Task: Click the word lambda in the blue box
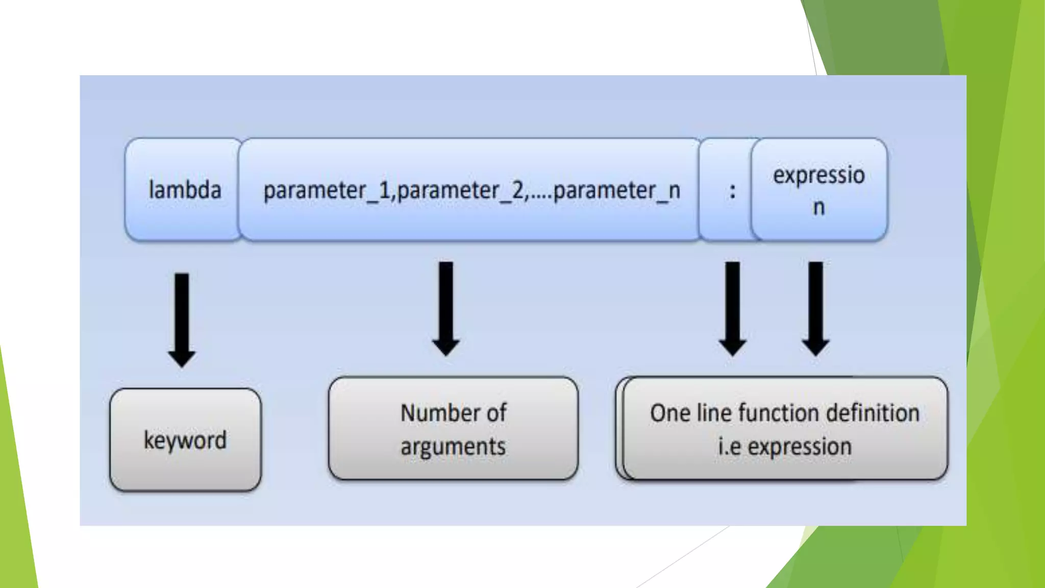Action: tap(185, 190)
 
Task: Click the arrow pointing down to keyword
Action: tap(182, 320)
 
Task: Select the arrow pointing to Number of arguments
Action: tap(446, 308)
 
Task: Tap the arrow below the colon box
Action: tap(732, 308)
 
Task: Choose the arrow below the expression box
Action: tap(815, 308)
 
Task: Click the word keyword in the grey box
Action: tap(185, 440)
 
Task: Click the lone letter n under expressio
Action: tap(818, 207)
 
